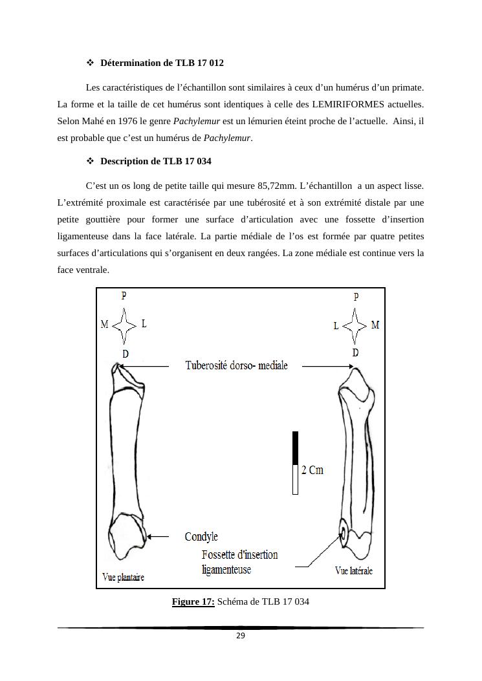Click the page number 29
click(x=240, y=636)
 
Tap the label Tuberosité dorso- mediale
click(x=236, y=365)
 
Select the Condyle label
click(x=201, y=537)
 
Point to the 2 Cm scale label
click(x=312, y=470)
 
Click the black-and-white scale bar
click(x=295, y=462)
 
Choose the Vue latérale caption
click(x=353, y=570)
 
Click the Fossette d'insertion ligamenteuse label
click(x=239, y=562)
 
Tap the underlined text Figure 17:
click(x=193, y=602)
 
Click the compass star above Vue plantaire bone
click(x=124, y=325)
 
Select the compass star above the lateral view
click(x=355, y=325)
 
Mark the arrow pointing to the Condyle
click(x=158, y=537)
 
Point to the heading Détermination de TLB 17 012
click(x=162, y=63)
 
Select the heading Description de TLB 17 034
click(x=156, y=161)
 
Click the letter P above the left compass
click(x=124, y=296)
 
